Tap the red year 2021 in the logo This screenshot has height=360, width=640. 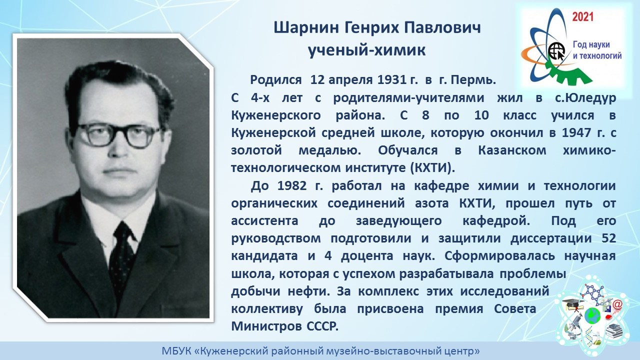click(583, 17)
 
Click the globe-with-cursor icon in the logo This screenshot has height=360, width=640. click(557, 51)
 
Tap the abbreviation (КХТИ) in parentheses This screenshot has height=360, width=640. click(432, 167)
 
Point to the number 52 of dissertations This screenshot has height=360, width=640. click(608, 238)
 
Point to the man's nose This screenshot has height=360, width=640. click(120, 148)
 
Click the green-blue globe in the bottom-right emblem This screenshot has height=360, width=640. click(592, 316)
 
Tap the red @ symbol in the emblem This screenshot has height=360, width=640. click(617, 305)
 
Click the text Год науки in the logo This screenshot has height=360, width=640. click(591, 45)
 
